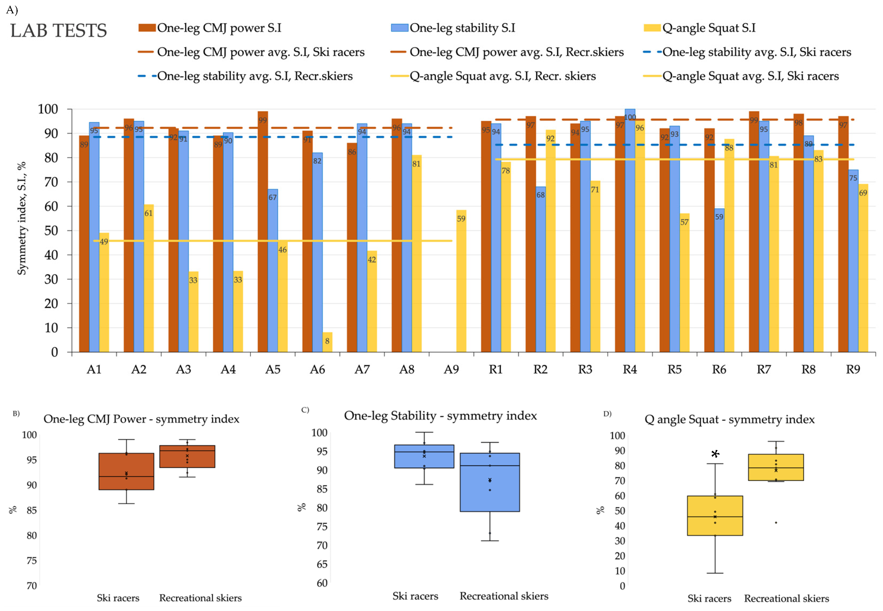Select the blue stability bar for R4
(x=630, y=230)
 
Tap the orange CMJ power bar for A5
(x=263, y=232)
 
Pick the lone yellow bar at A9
(x=461, y=281)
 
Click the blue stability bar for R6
(x=719, y=280)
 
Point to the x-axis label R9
(x=853, y=369)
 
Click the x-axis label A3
(x=183, y=369)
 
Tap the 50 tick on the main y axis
(x=51, y=230)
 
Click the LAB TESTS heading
(x=58, y=31)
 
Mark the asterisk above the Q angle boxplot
(x=715, y=454)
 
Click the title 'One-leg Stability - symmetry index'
(x=440, y=416)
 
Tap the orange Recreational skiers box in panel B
(x=187, y=456)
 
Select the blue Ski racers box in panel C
(x=424, y=456)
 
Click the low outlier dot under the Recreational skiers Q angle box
(x=776, y=523)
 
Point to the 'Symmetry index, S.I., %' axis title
(x=22, y=218)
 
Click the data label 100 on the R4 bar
(x=630, y=117)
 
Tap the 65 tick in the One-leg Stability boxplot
(x=322, y=564)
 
